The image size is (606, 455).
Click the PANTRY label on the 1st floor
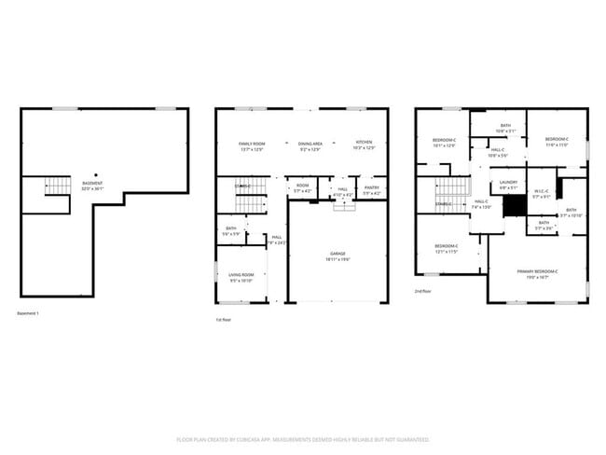point(371,190)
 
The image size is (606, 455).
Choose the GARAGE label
point(337,255)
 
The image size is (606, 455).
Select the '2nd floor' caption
point(424,291)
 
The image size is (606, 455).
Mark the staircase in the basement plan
point(58,186)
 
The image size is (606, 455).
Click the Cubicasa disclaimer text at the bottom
point(302,438)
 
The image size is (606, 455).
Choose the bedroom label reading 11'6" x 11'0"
point(557,142)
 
